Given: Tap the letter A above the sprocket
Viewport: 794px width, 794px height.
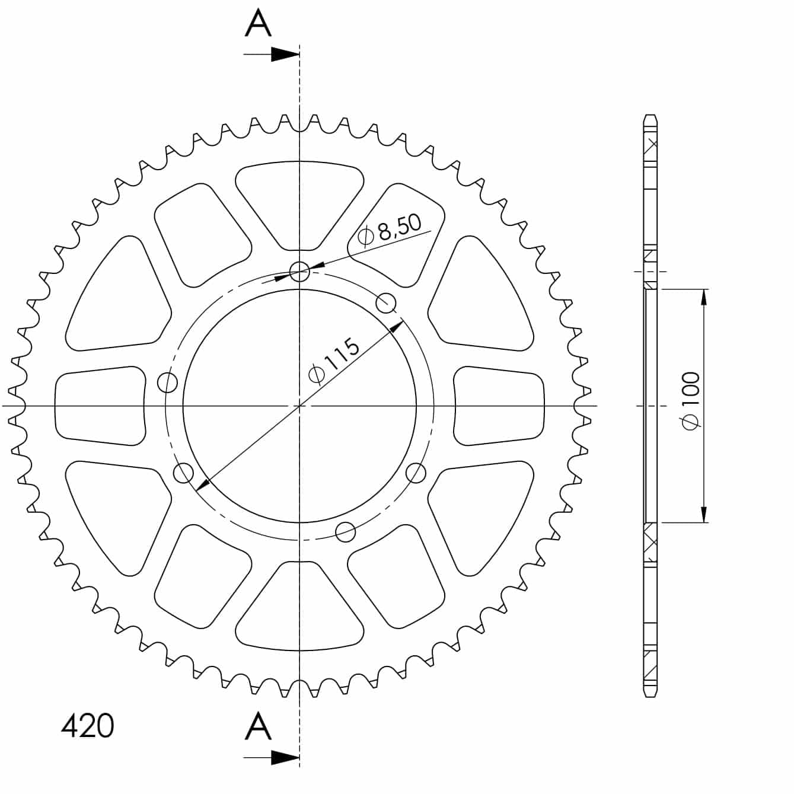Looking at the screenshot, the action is coord(258,23).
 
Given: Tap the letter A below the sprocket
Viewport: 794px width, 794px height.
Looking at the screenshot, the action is coord(258,726).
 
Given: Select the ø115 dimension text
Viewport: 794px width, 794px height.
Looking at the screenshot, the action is coord(334,361).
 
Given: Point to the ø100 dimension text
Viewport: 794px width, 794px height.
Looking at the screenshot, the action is coord(691,400).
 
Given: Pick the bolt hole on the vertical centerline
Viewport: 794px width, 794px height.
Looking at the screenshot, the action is coord(299,272).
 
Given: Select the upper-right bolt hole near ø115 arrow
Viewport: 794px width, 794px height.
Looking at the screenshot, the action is coord(385,303).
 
